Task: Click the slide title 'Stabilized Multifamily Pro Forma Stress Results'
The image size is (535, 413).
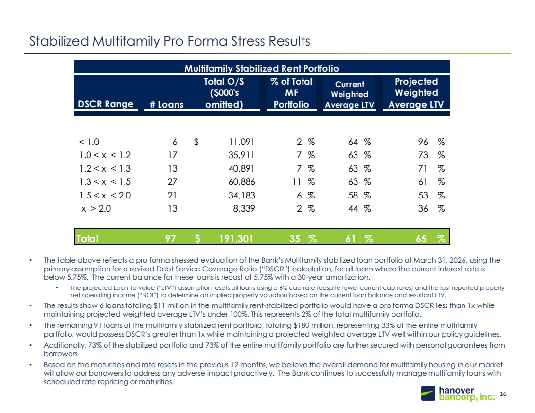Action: pos(170,41)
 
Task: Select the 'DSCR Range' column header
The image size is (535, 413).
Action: pos(106,104)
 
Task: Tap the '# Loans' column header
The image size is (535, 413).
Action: pos(166,104)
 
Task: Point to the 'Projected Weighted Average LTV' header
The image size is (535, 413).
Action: pos(416,93)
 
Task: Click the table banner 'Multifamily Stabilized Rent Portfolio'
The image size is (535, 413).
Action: pos(262,68)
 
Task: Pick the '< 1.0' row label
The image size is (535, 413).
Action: pos(89,142)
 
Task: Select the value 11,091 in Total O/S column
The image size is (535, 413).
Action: pos(242,142)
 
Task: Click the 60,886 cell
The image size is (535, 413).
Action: pos(242,182)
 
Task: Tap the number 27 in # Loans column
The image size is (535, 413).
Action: pos(172,182)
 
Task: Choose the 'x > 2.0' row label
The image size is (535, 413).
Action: pos(96,209)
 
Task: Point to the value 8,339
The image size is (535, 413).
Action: pos(244,209)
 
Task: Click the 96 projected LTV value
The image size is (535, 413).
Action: pos(423,142)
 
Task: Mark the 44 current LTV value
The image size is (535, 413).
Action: pos(353,209)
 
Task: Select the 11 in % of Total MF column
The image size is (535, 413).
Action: pos(297,182)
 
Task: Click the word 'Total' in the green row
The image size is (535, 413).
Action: pos(88,238)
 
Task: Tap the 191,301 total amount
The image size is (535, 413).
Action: pos(236,238)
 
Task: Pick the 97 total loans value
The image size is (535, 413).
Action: pos(171,238)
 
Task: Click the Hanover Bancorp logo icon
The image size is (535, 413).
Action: pos(428,393)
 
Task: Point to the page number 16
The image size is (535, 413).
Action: pos(503,394)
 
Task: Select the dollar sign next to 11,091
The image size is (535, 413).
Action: pos(196,142)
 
